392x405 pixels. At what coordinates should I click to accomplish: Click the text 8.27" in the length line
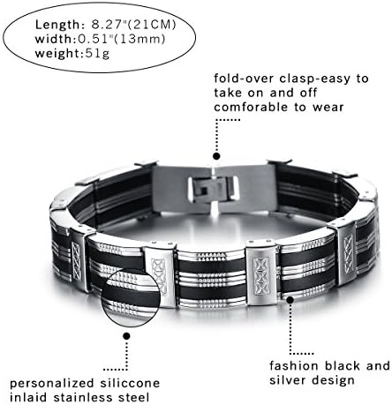pos(107,25)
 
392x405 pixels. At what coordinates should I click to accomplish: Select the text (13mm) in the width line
pos(139,39)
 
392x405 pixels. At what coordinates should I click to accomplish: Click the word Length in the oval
pos(57,26)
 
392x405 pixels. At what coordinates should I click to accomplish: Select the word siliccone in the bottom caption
pos(130,383)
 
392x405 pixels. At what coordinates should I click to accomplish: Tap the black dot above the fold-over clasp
pos(216,156)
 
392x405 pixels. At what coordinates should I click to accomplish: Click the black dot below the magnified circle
pos(127,336)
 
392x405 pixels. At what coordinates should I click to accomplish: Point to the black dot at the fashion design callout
pos(290,300)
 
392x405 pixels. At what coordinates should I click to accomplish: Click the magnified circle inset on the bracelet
pos(131,297)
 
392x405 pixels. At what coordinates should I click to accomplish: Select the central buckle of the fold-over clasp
pos(214,188)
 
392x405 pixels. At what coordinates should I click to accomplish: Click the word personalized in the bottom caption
pos(52,384)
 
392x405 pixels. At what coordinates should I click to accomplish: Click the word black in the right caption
pos(343,366)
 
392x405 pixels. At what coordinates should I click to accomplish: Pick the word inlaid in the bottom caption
pos(28,398)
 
